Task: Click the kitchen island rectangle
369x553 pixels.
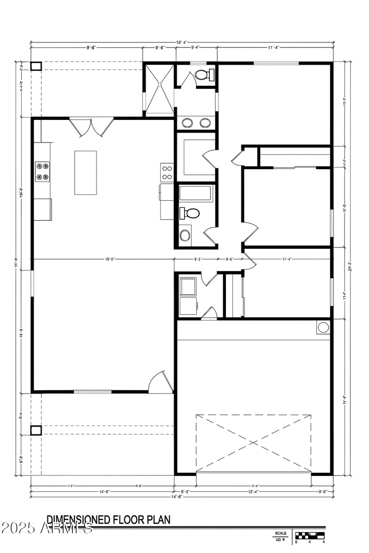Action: [85, 172]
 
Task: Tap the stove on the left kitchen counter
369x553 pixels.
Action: [42, 171]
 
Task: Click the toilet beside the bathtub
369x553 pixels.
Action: [190, 213]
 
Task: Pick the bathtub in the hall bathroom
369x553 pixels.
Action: [196, 193]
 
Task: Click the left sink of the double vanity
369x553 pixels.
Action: [188, 123]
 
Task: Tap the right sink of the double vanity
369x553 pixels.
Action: [205, 123]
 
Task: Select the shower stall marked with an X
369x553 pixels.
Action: [159, 88]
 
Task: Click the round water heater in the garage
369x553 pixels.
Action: [323, 327]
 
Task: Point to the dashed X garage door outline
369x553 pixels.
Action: [253, 443]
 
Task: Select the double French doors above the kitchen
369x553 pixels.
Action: [91, 127]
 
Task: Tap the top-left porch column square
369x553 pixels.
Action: [36, 66]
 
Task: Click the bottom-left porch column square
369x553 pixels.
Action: [36, 430]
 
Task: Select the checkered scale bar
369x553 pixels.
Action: [309, 535]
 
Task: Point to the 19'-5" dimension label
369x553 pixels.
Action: [109, 259]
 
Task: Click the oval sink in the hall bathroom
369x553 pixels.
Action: [185, 235]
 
